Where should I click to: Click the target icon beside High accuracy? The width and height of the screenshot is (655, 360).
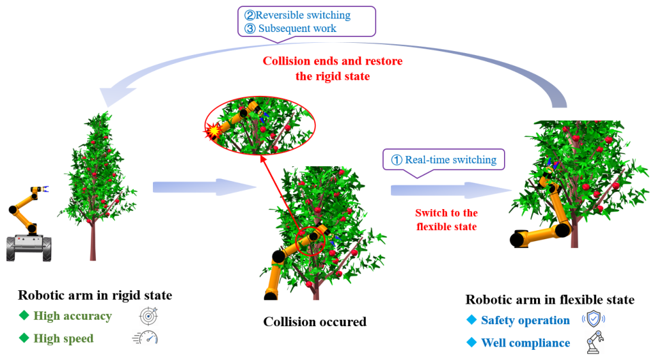point(148,316)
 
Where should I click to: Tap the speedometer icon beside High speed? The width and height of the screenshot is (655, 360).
point(145,338)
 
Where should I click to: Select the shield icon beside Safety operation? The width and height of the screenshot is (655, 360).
point(594,320)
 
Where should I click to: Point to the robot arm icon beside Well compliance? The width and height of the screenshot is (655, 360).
point(595,343)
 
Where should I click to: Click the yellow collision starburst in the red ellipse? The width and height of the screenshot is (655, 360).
point(214,131)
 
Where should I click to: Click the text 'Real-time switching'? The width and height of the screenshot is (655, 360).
point(451,160)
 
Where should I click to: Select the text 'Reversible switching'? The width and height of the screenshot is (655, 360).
point(303,15)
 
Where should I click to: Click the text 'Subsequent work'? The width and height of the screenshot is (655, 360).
point(297,29)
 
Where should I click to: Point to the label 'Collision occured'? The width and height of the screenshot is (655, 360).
point(315,322)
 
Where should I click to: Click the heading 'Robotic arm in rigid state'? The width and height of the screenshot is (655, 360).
point(95,295)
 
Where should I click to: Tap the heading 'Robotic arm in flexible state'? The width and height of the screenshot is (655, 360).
point(549,300)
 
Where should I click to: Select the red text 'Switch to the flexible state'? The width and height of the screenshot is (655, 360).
point(446,220)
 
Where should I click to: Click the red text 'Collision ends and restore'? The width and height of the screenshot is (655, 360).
point(333,61)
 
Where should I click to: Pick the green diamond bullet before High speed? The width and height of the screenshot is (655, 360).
point(24,338)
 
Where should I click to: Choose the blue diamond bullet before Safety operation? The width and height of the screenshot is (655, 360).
point(471,320)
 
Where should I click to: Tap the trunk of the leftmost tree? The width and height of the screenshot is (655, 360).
point(93,242)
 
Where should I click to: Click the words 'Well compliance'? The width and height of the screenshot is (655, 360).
point(526,343)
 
